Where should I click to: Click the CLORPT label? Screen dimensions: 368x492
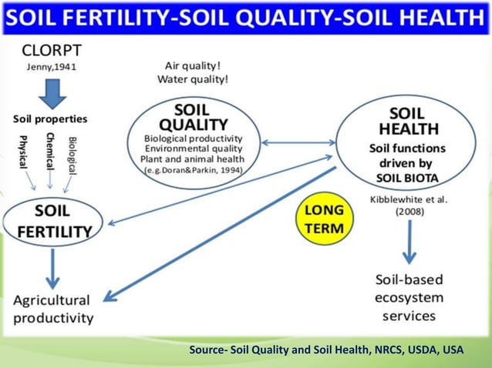point(52,51)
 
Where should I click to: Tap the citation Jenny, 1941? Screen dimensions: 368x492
point(51,68)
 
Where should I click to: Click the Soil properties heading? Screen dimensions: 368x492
point(50,119)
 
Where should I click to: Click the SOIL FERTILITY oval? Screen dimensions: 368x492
point(52,220)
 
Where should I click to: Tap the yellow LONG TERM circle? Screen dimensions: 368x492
point(324,219)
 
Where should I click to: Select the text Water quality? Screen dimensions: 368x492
point(193,79)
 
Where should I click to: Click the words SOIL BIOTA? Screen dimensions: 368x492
point(407,176)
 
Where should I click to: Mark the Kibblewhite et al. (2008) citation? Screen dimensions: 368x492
point(409,205)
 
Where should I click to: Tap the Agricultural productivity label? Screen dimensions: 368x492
point(52,309)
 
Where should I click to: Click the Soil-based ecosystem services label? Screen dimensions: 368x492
point(409,297)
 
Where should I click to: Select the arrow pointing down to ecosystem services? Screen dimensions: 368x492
point(409,243)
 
